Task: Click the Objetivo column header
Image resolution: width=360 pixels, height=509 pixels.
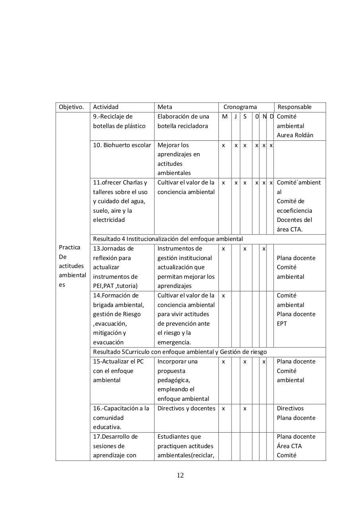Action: tap(72, 107)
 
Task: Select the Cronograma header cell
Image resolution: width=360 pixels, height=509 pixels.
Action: tap(240, 107)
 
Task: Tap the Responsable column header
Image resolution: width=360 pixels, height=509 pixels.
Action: tap(294, 107)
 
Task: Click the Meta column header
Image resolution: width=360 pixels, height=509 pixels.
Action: tap(165, 107)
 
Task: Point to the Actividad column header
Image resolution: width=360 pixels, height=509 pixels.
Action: tap(106, 107)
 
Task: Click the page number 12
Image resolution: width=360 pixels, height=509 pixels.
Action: tap(180, 475)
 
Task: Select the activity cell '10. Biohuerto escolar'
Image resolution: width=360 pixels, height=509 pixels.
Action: tap(122, 145)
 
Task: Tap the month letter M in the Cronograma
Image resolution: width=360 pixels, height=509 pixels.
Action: tap(225, 117)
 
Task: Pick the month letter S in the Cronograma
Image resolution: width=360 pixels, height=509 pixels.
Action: tap(245, 117)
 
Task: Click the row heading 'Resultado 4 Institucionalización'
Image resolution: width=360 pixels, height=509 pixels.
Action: tap(168, 239)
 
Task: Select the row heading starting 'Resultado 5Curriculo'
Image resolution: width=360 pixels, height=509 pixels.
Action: tap(180, 352)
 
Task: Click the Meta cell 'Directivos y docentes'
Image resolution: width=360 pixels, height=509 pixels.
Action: tap(186, 408)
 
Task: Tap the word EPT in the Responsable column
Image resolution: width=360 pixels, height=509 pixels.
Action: tap(282, 324)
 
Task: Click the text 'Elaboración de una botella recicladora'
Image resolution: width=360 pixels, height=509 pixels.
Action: tap(183, 121)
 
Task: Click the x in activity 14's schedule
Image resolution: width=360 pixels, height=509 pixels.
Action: tap(224, 295)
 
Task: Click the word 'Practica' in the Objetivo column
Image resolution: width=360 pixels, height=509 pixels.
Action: tap(70, 247)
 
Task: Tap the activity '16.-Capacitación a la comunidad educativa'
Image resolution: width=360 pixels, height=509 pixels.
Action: tap(121, 418)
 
